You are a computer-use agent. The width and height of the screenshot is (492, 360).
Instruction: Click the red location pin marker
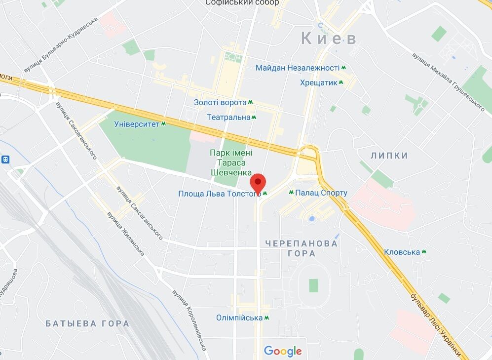[258, 183]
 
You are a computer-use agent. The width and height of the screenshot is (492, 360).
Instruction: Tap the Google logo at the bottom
[282, 351]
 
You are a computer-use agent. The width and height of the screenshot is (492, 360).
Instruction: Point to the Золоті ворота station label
[220, 102]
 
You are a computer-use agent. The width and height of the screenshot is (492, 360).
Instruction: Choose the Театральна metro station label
[228, 117]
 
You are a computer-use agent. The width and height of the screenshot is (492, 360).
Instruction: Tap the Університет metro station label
[137, 123]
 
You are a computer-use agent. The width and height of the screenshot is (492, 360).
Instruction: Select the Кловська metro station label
[402, 252]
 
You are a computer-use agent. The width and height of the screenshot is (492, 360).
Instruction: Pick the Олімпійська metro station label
[239, 318]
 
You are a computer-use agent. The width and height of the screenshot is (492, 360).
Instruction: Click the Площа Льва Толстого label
[219, 194]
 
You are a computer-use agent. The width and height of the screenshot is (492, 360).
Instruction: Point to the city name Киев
[328, 39]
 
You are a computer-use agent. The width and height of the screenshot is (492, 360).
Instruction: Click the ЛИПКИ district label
[389, 156]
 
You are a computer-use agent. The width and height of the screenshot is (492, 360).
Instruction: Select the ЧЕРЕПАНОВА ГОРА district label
[302, 248]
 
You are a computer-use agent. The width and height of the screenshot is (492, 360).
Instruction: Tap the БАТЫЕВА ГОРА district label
[87, 323]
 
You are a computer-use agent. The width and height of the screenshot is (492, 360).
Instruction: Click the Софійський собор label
[242, 3]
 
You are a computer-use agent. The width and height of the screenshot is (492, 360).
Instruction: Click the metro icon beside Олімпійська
[267, 318]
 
